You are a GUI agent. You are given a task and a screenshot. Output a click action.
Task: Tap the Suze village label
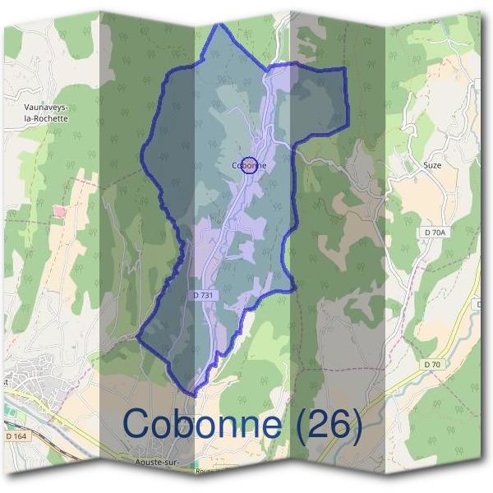(x=432, y=165)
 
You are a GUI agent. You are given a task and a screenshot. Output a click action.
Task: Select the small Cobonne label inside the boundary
(x=249, y=165)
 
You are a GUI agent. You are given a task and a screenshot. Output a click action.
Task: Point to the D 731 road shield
(x=205, y=295)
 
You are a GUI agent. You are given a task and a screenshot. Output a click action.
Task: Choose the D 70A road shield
(x=435, y=233)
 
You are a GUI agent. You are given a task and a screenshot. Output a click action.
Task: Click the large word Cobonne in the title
(x=206, y=423)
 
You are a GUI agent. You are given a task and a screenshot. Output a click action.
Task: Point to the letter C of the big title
(x=140, y=423)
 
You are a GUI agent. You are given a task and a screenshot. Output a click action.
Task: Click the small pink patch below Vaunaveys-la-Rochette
(x=59, y=212)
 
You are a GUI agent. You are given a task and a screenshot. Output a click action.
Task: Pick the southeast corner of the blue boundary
(x=294, y=289)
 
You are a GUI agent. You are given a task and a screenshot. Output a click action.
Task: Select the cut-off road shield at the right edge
(x=488, y=303)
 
